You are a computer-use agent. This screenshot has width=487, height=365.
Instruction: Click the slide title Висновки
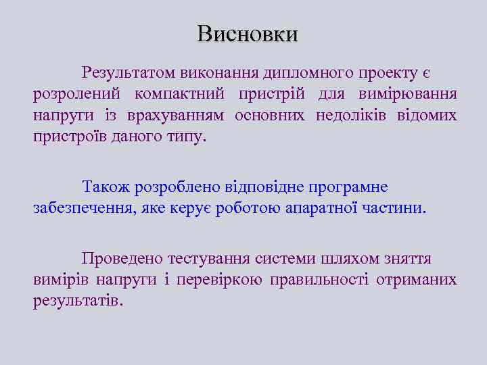tap(247, 34)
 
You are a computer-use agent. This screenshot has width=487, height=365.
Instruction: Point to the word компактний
tap(181, 93)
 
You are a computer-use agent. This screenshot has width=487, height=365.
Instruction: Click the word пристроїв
tap(66, 137)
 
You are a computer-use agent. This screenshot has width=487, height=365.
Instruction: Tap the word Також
tap(106, 186)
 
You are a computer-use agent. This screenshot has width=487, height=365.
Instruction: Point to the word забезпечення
tap(83, 208)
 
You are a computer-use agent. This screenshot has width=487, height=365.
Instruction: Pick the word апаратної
tap(333, 208)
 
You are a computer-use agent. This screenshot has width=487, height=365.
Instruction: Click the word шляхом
tap(351, 258)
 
